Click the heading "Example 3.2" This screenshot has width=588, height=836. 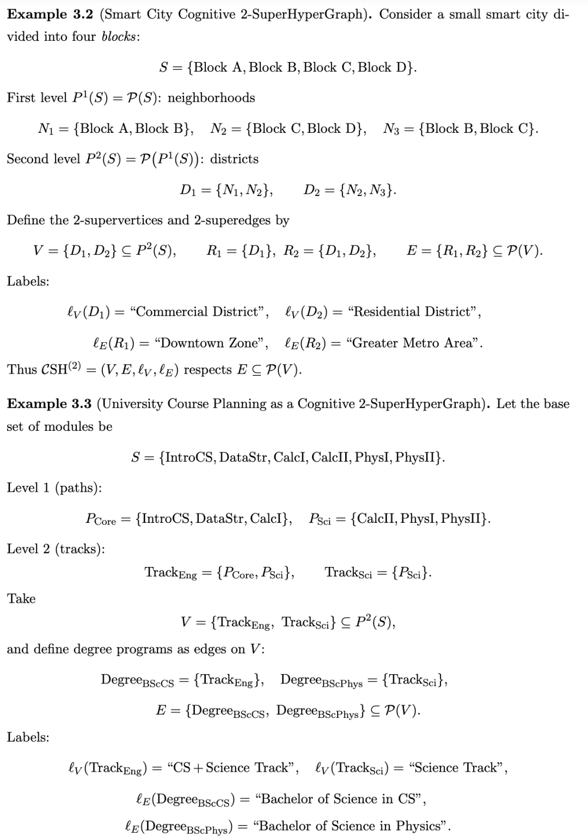tap(51, 14)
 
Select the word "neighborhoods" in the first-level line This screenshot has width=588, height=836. tap(211, 97)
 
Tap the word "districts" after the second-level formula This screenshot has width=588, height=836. tap(234, 159)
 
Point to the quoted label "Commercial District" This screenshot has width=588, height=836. tap(200, 312)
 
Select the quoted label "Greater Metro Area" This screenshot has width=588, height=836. tap(414, 343)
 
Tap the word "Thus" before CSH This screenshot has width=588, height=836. tap(21, 369)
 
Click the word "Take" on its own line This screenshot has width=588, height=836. tap(21, 599)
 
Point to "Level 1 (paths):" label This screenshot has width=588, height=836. tap(54, 487)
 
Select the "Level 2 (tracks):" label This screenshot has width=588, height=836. tap(56, 548)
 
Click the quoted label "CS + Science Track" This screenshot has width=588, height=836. tap(232, 767)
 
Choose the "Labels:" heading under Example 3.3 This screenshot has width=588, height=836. tap(28, 737)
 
